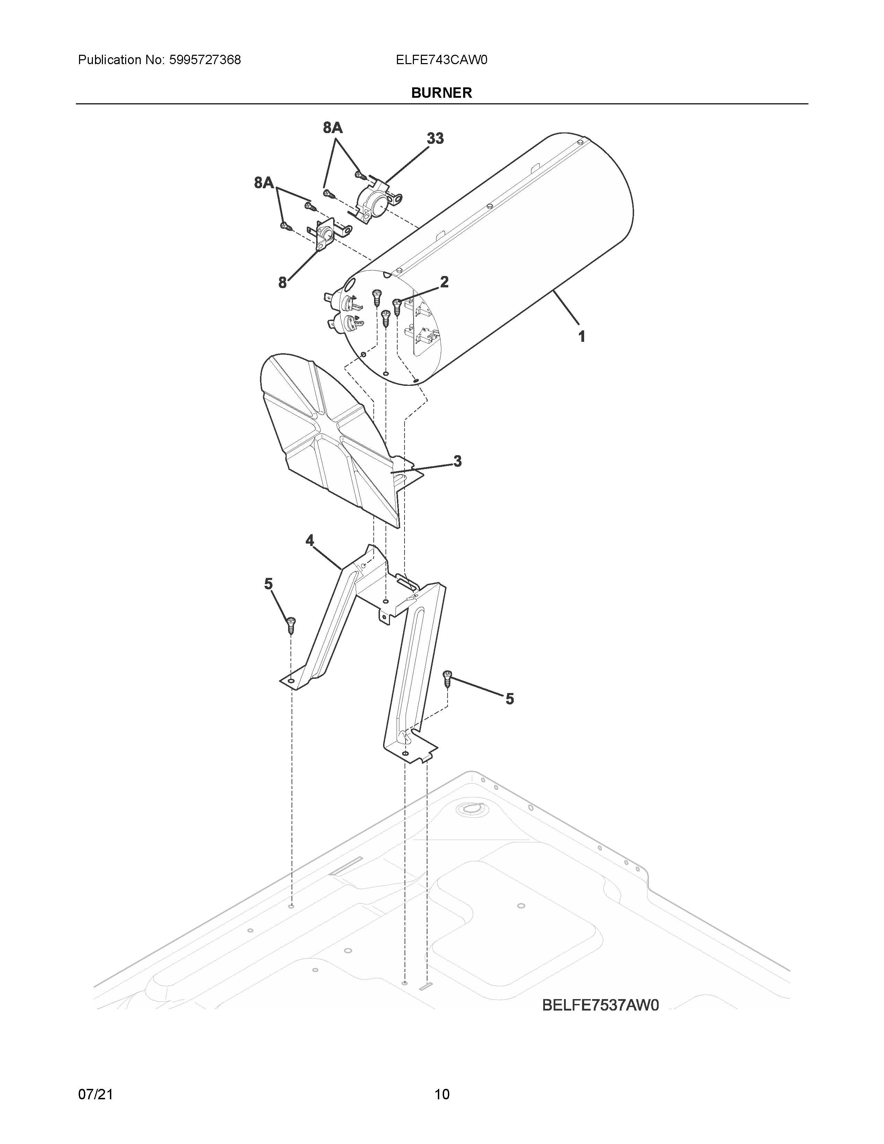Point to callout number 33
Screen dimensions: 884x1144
435,138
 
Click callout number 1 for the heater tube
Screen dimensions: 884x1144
581,336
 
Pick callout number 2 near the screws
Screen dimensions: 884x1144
444,282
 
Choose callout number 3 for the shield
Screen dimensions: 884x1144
457,461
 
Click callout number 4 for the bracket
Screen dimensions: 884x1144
310,540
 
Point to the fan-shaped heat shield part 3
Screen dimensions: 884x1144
330,435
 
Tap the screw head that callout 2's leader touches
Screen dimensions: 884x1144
397,303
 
